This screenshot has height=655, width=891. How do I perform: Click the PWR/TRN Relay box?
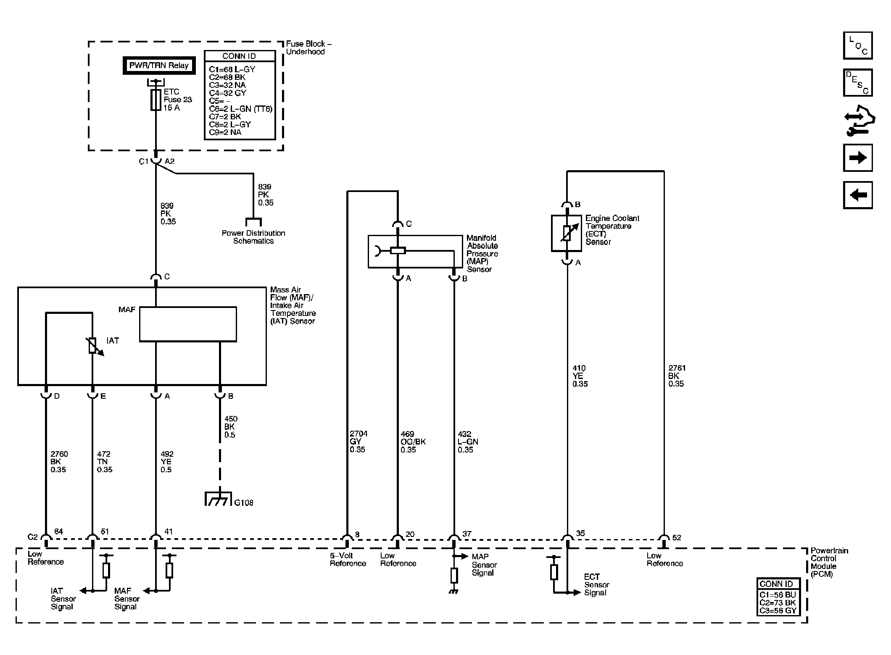[159, 66]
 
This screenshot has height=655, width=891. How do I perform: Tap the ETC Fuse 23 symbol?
[156, 100]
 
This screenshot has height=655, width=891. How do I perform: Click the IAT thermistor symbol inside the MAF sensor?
[93, 346]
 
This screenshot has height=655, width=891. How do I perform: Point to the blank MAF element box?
[188, 324]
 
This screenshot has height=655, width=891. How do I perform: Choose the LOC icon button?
[858, 45]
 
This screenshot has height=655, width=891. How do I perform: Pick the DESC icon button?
[858, 82]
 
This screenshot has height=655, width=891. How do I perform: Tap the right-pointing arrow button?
[858, 158]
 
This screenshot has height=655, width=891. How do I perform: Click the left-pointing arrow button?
[858, 195]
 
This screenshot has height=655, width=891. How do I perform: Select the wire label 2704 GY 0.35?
[359, 442]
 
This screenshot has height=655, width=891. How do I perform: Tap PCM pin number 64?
[59, 531]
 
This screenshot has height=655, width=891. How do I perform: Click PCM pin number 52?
[677, 537]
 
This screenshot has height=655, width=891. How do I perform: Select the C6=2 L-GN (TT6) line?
[240, 109]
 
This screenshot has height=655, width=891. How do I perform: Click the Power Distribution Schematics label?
[253, 237]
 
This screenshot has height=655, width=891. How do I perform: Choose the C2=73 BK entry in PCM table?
[778, 602]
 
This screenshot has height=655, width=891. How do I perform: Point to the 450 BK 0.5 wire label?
[231, 427]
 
